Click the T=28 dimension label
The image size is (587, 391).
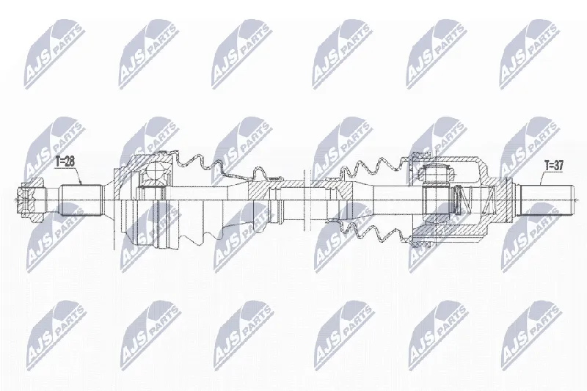[x=65, y=161]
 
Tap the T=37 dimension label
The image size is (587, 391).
[x=554, y=165]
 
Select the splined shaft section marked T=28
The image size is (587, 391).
[x=81, y=200]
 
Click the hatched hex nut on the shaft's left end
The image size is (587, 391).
[x=32, y=200]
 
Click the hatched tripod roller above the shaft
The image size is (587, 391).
[x=437, y=174]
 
